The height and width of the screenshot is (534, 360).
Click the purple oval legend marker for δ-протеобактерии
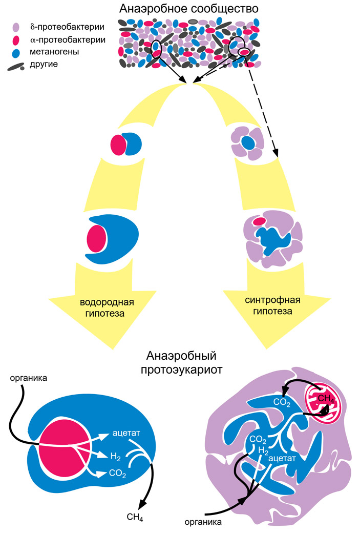pyautogui.click(x=16, y=27)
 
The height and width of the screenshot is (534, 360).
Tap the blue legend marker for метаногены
pyautogui.click(x=16, y=52)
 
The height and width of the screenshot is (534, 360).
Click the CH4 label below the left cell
pyautogui.click(x=135, y=518)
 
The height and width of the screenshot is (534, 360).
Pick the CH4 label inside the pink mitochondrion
pyautogui.click(x=325, y=398)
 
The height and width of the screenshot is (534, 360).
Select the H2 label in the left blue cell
pyautogui.click(x=116, y=455)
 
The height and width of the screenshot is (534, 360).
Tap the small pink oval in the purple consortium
pyautogui.click(x=259, y=221)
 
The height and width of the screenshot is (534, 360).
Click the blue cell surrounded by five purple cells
pyautogui.click(x=248, y=143)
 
